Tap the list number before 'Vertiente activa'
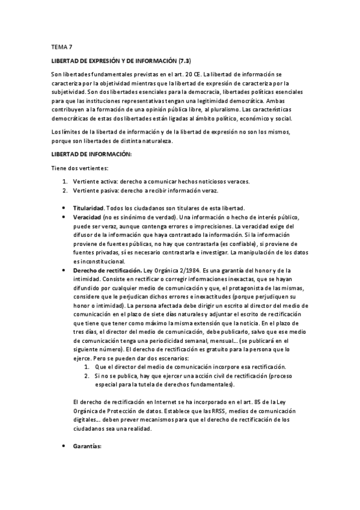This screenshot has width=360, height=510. tap(66, 182)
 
